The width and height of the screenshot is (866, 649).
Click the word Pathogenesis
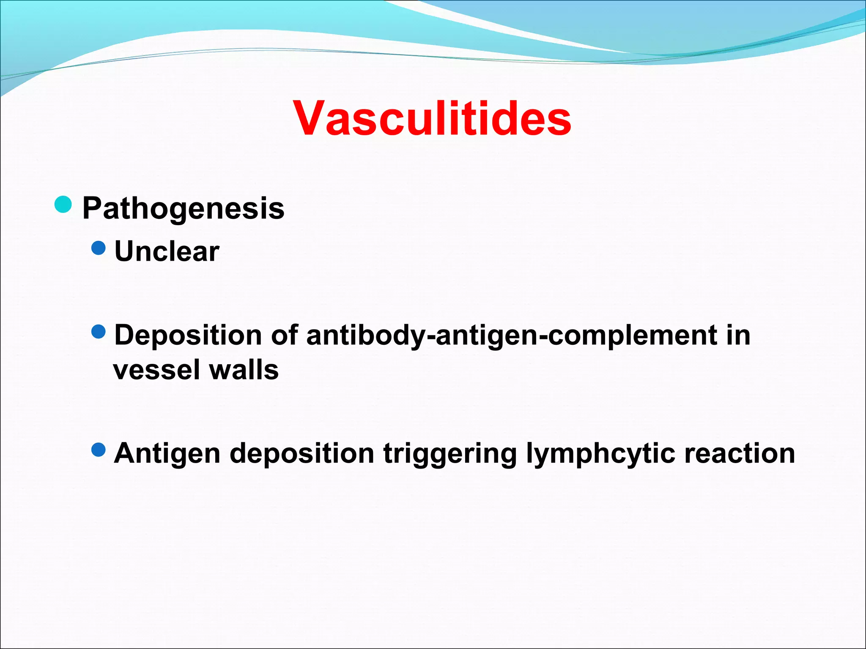(x=183, y=208)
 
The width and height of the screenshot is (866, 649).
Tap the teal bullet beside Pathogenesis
(x=63, y=205)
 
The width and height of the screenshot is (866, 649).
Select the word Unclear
(x=167, y=251)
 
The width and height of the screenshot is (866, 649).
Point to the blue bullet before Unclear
(x=98, y=248)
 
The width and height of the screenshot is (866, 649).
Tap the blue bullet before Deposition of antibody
(x=98, y=332)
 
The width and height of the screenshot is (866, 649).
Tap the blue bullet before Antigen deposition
(x=98, y=450)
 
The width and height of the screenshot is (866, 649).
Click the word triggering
(x=450, y=454)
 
